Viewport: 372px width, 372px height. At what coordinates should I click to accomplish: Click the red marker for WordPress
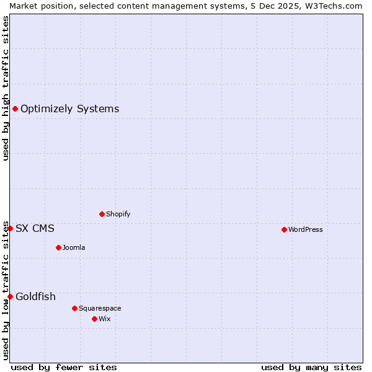click(284, 229)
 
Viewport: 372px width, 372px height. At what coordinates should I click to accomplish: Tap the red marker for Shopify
click(102, 214)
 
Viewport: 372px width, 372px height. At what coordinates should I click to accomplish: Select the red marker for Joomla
click(58, 247)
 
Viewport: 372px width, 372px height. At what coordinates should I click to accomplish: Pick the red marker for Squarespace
click(74, 308)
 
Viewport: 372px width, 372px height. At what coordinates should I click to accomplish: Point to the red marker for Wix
click(94, 319)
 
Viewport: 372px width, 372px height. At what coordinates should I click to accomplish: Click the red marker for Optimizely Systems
click(15, 109)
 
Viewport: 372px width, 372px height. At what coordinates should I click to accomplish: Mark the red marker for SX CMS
click(10, 228)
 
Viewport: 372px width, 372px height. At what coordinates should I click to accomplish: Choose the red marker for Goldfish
click(10, 296)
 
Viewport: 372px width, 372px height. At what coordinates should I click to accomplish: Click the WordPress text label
click(305, 229)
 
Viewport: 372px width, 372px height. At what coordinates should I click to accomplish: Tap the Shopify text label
click(118, 214)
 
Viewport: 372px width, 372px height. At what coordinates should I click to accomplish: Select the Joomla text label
click(74, 247)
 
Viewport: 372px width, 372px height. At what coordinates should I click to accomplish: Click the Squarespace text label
click(100, 308)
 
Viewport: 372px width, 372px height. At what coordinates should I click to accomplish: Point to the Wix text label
click(104, 319)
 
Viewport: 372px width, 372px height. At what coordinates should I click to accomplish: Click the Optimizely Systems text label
click(69, 109)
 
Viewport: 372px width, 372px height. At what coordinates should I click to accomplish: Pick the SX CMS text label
click(35, 228)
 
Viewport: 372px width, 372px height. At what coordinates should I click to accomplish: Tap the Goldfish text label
click(35, 296)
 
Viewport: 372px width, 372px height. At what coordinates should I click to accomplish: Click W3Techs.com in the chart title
click(335, 6)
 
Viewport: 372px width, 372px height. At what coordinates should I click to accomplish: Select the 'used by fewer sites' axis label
click(64, 367)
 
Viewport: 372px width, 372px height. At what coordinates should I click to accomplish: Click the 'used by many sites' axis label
click(311, 367)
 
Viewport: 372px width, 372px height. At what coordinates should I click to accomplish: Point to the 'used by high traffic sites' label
click(6, 88)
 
